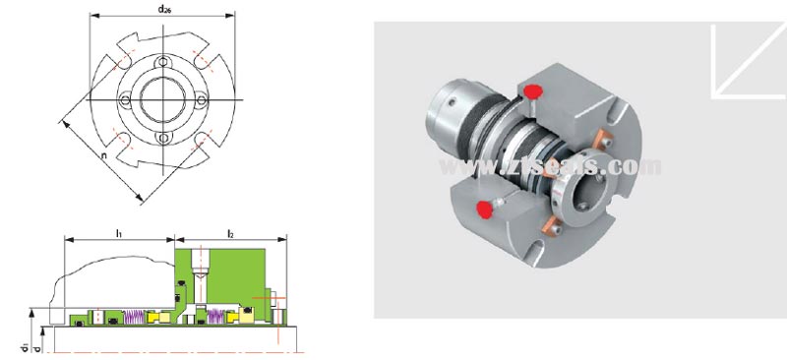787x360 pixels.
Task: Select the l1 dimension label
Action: pos(118,232)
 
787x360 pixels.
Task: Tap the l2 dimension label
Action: pos(230,232)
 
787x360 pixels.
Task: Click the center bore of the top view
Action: pos(161,101)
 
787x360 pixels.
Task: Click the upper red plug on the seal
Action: pos(533,92)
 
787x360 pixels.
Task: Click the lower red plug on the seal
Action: pos(483,208)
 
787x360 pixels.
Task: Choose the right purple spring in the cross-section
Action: pos(212,316)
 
